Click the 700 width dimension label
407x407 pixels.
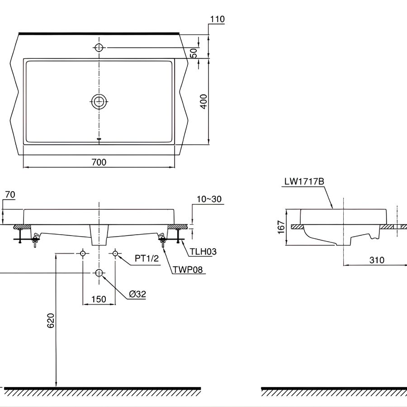pyautogui.click(x=99, y=162)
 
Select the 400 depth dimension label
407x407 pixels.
pyautogui.click(x=203, y=101)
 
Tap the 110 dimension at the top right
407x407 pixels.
pyautogui.click(x=217, y=19)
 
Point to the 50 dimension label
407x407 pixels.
pyautogui.click(x=194, y=52)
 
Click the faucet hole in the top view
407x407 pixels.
pyautogui.click(x=99, y=47)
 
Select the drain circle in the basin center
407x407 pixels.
pyautogui.click(x=99, y=102)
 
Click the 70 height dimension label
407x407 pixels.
pyautogui.click(x=10, y=194)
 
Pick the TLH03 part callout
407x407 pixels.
pyautogui.click(x=199, y=252)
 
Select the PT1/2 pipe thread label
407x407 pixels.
pyautogui.click(x=147, y=258)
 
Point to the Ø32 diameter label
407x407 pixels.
pyautogui.click(x=137, y=294)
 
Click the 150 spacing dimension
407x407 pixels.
pyautogui.click(x=99, y=299)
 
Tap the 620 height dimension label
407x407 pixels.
pyautogui.click(x=50, y=320)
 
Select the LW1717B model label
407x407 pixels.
pyautogui.click(x=304, y=182)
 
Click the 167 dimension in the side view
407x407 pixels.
pyautogui.click(x=281, y=227)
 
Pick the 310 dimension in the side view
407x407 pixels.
pyautogui.click(x=376, y=260)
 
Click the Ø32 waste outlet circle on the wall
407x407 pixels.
pyautogui.click(x=99, y=273)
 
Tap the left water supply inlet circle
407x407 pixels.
pyautogui.click(x=83, y=254)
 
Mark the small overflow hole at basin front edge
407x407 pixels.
pyautogui.click(x=99, y=139)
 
